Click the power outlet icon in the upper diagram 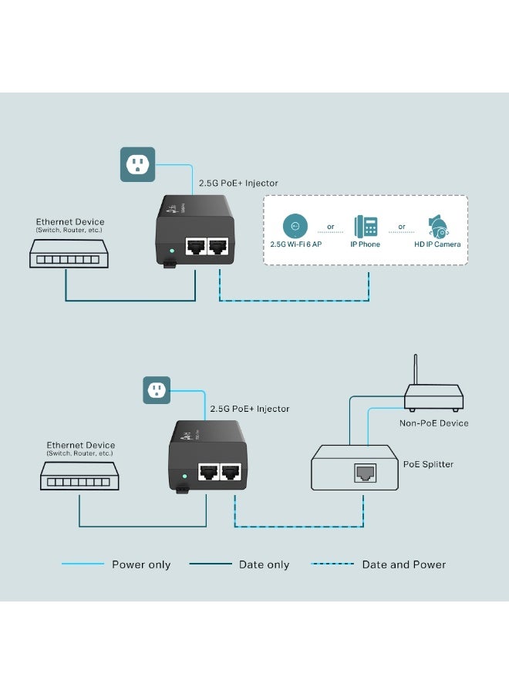point(137,164)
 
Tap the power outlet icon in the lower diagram point(157,389)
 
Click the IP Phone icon point(365,226)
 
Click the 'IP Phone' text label point(365,244)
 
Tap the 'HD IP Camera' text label point(437,244)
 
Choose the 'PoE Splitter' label point(428,464)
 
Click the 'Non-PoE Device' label point(433,423)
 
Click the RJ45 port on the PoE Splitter point(364,473)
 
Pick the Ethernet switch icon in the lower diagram point(79,477)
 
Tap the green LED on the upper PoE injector point(170,251)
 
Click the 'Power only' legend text point(141,564)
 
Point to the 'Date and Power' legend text point(404,564)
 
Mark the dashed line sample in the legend point(332,564)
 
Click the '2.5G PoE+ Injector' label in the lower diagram point(250,409)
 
